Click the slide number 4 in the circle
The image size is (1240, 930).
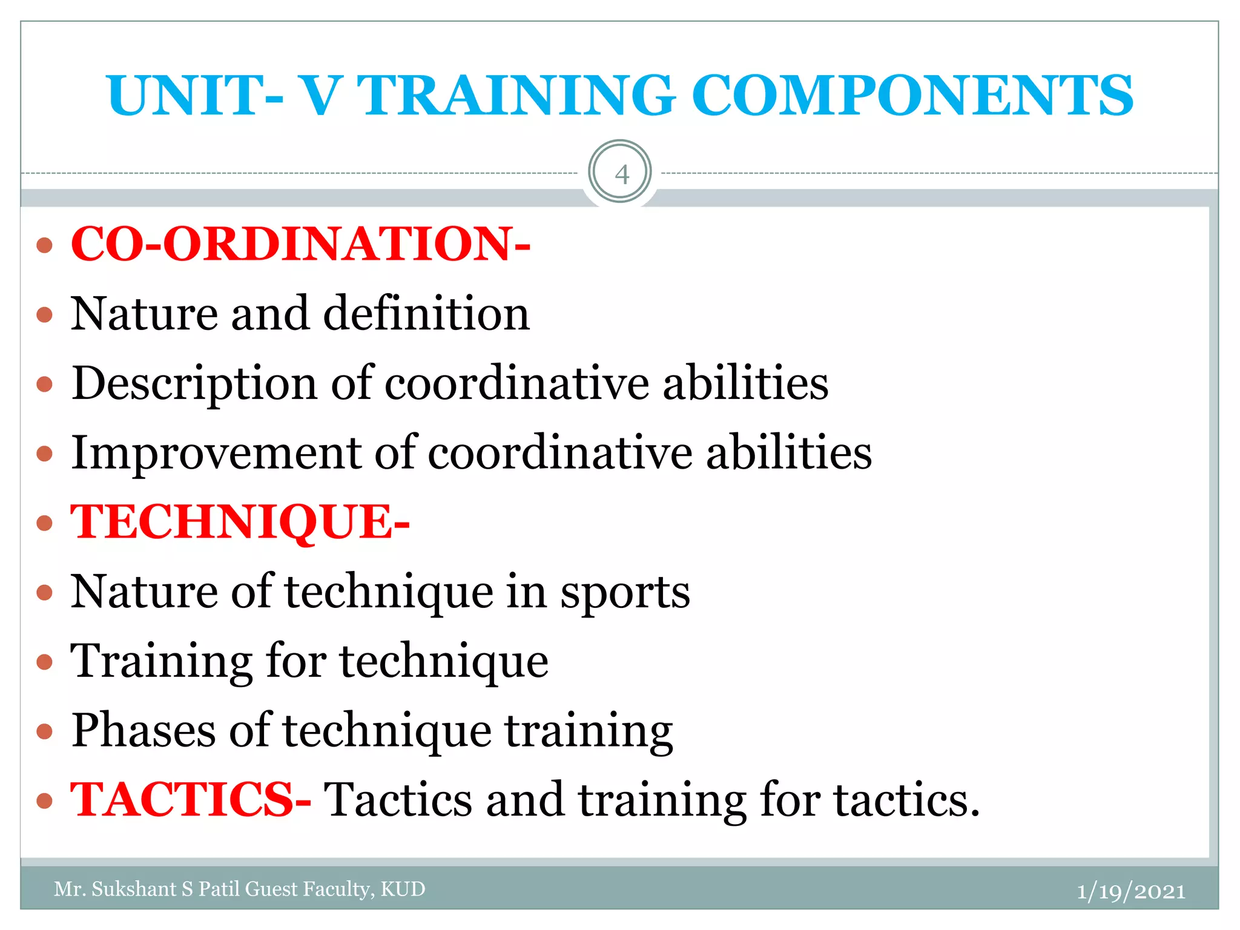[x=621, y=174]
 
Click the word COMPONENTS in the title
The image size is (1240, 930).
[x=912, y=96]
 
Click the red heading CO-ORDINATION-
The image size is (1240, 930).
[x=300, y=244]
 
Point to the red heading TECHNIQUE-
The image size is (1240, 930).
[x=240, y=522]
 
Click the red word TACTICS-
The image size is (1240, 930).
[x=191, y=799]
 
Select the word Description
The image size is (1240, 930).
[x=194, y=384]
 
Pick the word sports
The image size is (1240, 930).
[x=625, y=592]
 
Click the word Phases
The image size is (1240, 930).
[x=143, y=730]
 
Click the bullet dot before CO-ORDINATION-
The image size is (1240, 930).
[x=45, y=245]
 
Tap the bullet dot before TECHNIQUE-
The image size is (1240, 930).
[x=45, y=523]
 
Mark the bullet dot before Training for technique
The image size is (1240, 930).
[x=45, y=662]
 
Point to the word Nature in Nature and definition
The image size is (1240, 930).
[x=144, y=314]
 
